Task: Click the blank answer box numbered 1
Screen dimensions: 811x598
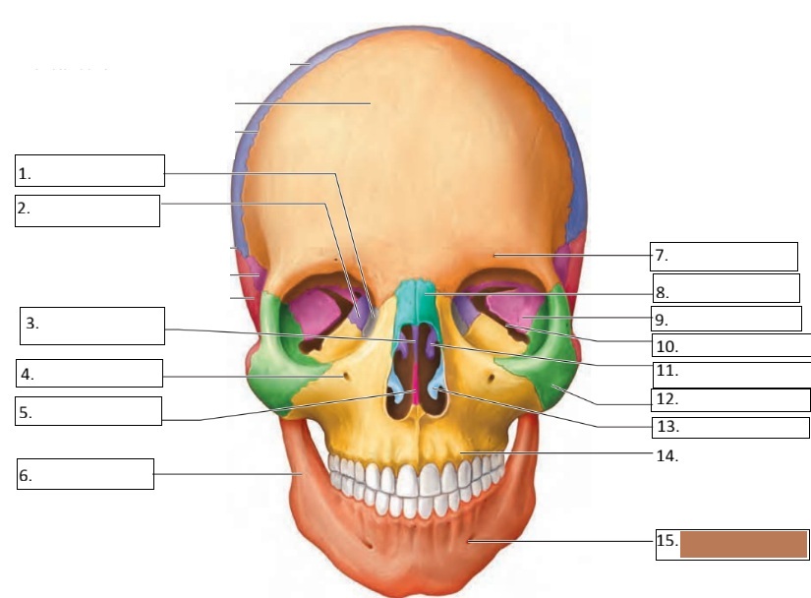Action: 90,170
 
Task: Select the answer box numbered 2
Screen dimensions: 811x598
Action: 87,210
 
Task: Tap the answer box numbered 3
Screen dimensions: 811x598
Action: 92,326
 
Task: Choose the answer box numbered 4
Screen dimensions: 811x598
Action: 88,374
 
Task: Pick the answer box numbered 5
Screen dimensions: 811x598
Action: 88,411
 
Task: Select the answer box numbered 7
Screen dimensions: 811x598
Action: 724,256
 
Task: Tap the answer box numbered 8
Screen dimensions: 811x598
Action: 726,288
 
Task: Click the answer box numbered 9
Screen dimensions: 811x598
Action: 726,319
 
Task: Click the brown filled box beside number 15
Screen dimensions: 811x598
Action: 743,544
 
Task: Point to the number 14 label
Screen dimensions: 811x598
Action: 668,456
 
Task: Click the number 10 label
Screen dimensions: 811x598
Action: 667,346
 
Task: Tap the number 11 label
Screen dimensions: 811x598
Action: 667,372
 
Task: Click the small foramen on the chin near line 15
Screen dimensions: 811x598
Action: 469,540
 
